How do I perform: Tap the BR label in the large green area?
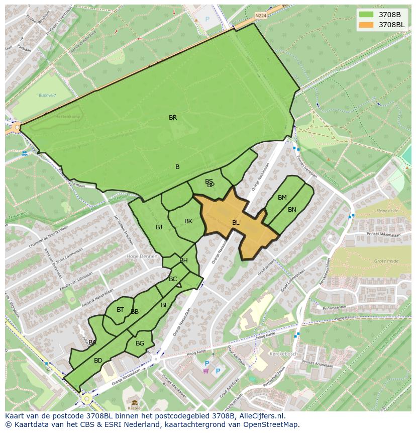tap(173, 118)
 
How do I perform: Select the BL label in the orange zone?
tap(236, 222)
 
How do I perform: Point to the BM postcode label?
tap(282, 198)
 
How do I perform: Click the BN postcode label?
tap(292, 210)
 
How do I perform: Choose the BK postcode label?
tap(188, 221)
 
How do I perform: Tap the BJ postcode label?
tap(159, 227)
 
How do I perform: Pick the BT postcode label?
tap(120, 310)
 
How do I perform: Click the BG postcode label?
tap(140, 343)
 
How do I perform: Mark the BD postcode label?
tap(98, 361)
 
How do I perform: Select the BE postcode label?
tap(165, 305)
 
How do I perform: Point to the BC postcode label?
tap(173, 279)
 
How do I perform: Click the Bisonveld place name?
tap(48, 95)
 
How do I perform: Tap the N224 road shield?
tap(260, 16)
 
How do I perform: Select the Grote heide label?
tap(386, 261)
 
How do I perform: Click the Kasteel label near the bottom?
tap(134, 407)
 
